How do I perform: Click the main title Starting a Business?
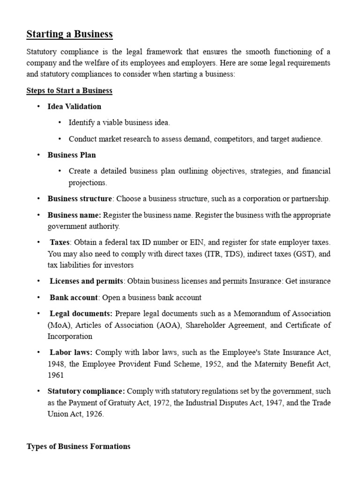69,34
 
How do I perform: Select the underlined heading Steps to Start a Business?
69,90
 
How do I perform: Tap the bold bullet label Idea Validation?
75,106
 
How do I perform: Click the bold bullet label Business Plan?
72,155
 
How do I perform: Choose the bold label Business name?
74,215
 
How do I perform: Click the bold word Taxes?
60,242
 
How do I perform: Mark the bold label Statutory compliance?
86,391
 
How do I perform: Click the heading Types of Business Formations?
79,446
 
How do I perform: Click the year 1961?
55,375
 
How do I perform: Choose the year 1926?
94,414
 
